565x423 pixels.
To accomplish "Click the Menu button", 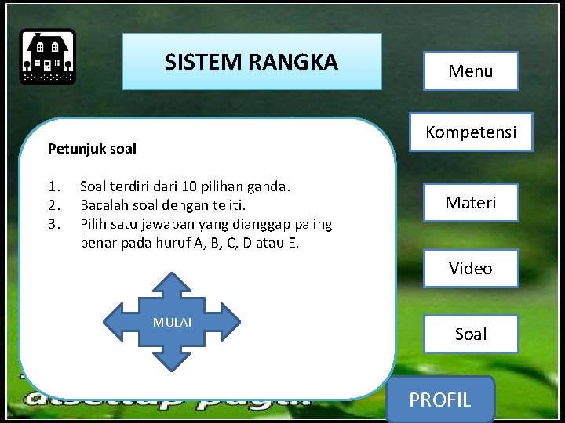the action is point(471,71).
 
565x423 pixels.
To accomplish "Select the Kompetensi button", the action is point(471,132).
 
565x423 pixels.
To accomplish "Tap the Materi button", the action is point(471,202).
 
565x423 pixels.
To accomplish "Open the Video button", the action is point(471,269).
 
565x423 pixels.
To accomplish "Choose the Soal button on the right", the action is point(471,334).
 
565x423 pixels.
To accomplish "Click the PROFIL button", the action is point(440,400).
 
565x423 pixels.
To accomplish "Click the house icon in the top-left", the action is point(47,56).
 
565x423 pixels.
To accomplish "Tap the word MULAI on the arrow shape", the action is point(172,322).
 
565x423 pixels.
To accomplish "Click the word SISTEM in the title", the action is point(197,62).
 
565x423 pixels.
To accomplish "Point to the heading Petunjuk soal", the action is point(92,148).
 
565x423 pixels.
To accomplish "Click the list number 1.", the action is point(53,187).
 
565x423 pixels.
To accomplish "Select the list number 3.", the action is point(53,225).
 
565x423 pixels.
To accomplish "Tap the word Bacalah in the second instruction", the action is point(105,206).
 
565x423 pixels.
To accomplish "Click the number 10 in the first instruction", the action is point(189,187).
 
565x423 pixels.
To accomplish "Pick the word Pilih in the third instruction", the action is point(94,225).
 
